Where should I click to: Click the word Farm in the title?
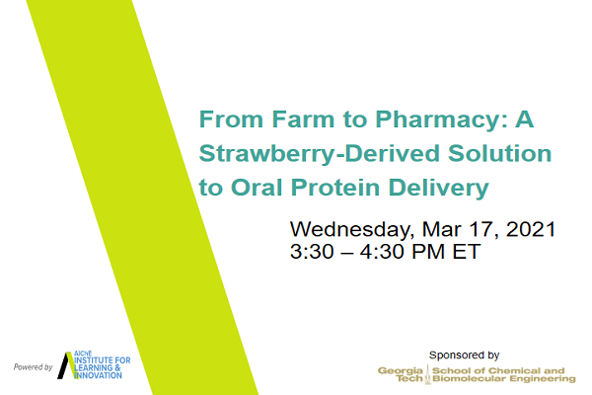(x=303, y=119)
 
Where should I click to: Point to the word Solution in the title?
(x=500, y=153)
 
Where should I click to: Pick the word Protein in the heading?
(x=335, y=188)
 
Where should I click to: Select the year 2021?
(x=531, y=229)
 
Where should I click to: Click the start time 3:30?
(x=312, y=252)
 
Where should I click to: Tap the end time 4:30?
(x=382, y=252)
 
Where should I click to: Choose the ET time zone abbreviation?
(x=467, y=252)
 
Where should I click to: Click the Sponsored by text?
(x=464, y=355)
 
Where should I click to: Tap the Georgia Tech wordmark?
(x=401, y=374)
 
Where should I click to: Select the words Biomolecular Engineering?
(x=504, y=379)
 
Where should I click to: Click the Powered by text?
(x=34, y=367)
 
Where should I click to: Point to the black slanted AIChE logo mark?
(x=66, y=365)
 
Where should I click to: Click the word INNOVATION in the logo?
(x=98, y=375)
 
